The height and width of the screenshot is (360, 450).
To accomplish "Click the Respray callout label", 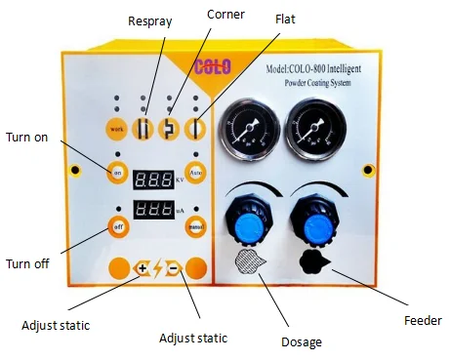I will click(149, 20).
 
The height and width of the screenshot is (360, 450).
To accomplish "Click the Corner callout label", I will click(225, 16).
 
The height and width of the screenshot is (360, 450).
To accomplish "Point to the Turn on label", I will click(27, 137).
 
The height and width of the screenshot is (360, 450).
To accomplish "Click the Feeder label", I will click(421, 320).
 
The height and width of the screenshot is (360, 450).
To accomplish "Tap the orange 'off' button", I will click(116, 226).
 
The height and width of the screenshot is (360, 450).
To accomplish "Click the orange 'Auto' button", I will click(195, 173).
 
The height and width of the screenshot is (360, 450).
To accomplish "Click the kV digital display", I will click(154, 180).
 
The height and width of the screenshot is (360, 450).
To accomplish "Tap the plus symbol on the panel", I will click(143, 268).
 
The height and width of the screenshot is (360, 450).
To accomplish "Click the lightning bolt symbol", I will click(157, 268).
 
